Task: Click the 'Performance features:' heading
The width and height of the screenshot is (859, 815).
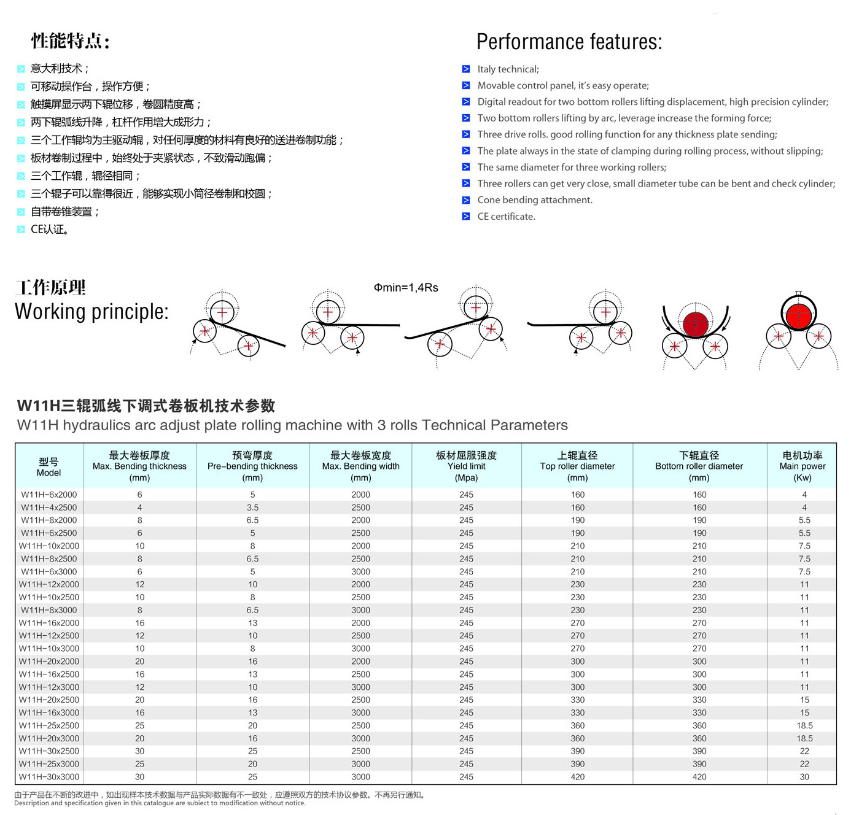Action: coord(569,42)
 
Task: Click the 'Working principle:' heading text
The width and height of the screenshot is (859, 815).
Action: coord(91,312)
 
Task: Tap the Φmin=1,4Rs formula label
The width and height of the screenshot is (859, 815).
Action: coord(406,287)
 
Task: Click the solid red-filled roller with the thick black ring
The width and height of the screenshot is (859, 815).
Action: coord(798,314)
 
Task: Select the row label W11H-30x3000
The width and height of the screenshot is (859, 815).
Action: coord(49,777)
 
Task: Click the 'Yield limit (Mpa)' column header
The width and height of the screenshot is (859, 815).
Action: coord(466,466)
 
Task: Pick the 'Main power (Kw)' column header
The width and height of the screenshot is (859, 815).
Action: coord(802,466)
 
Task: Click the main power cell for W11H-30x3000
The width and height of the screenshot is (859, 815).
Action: coord(804,777)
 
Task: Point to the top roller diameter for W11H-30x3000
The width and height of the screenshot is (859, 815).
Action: coord(577,777)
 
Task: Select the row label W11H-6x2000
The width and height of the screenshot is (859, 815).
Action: coord(49,495)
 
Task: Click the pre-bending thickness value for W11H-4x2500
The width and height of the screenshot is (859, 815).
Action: coord(252,508)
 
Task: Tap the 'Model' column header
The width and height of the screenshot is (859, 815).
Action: coord(49,467)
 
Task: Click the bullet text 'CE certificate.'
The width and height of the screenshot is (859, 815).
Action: coord(506,216)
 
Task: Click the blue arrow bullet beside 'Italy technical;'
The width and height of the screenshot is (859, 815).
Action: coord(466,69)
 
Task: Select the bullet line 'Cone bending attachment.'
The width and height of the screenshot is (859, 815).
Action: coord(535,200)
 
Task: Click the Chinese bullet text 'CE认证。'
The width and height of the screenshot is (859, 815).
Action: coord(50,230)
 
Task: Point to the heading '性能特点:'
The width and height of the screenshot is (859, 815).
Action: coord(71,41)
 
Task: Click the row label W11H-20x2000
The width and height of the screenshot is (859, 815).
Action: coord(49,662)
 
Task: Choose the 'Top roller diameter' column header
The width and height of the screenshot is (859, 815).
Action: coord(577,466)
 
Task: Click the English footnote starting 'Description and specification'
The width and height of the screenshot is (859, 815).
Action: coord(160,803)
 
